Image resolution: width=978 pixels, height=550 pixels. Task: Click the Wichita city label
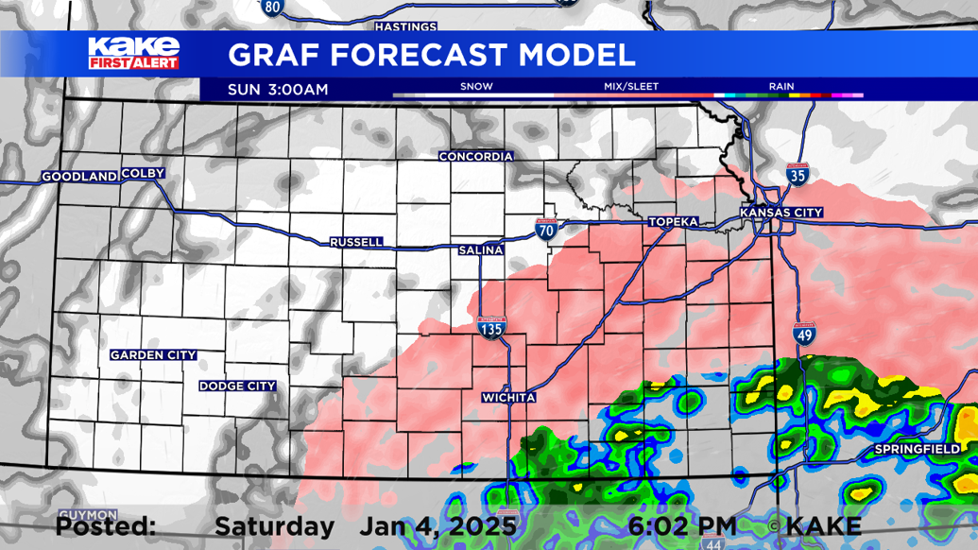(x=508, y=398)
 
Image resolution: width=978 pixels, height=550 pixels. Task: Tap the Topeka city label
(x=673, y=222)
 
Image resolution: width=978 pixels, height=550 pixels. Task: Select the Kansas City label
(x=781, y=213)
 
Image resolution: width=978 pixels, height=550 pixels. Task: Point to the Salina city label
(x=480, y=250)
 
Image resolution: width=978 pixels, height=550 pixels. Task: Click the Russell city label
(x=356, y=243)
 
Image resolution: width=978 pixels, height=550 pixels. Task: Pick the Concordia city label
(x=476, y=157)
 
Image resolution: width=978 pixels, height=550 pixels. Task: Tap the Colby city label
(x=143, y=173)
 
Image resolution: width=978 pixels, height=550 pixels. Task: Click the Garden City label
(x=153, y=355)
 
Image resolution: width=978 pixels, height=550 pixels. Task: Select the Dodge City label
(x=237, y=386)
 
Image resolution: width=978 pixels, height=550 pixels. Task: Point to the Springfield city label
(x=917, y=448)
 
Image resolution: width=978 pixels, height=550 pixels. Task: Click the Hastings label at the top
(x=405, y=26)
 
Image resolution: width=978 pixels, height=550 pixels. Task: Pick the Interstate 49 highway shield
(x=804, y=335)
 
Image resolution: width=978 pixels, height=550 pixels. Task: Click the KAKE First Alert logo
(x=133, y=53)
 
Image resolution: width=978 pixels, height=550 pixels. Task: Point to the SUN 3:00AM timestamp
(x=278, y=90)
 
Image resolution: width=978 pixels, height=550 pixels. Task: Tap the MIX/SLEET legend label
(x=631, y=87)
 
